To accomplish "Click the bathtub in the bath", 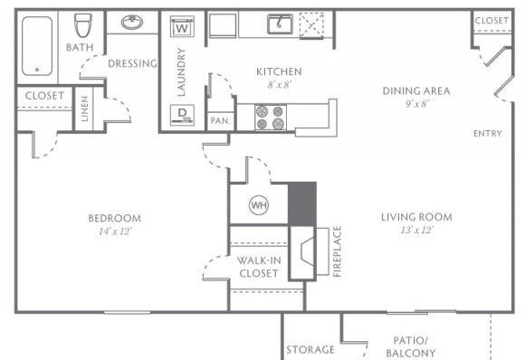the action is pos(37,46).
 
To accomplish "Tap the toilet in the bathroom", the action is pos(82,25).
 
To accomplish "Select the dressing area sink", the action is pos(132,22).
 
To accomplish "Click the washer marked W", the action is pos(182,26).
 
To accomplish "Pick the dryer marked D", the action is pos(182,115).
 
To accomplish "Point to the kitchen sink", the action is pos(280,24).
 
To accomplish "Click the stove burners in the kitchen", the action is pos(270,118).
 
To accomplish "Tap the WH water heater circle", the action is pos(259,205).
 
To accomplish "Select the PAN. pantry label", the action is pos(221,121).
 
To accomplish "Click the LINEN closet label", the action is pos(84,109).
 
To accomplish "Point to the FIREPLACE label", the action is pos(337,251).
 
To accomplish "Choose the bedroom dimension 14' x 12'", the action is pos(116,232).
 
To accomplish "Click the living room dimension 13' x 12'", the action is pos(417,230).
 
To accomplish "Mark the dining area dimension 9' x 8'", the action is pos(417,104).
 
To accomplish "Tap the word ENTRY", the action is pos(488,134).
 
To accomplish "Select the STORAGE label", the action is pos(310,350).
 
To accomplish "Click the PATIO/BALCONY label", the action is pos(410,346).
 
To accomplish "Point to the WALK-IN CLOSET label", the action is pos(259,267).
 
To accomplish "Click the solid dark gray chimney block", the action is pos(302,204).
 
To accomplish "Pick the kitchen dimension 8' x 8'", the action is pos(279,85).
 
